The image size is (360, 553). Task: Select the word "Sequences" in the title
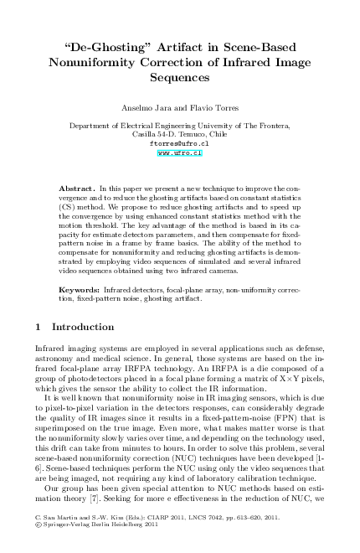coord(180,75)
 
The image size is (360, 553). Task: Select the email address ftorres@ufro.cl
coord(180,143)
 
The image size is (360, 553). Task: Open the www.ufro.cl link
coord(180,153)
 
